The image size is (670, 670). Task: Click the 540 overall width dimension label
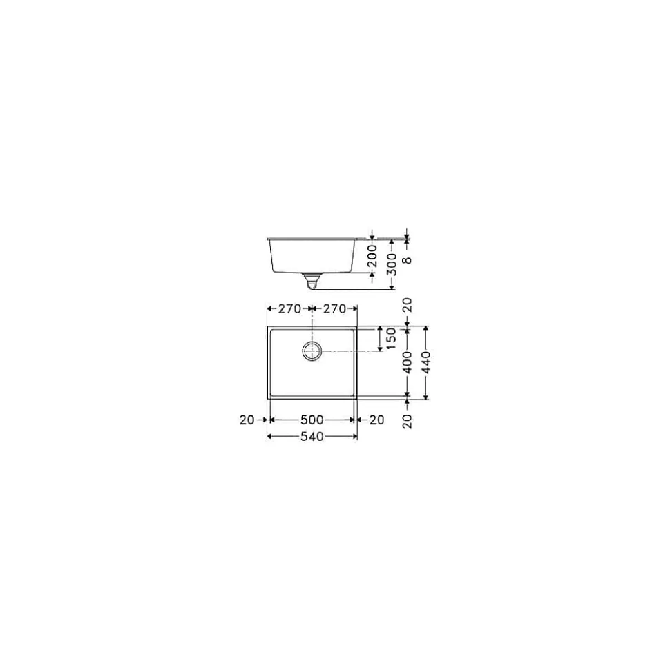[x=312, y=437]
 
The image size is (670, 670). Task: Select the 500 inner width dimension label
[x=312, y=420]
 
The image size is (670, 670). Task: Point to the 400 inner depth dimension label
[x=408, y=362]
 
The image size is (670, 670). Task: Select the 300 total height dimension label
[x=392, y=264]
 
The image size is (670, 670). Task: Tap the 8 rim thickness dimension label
[x=408, y=260]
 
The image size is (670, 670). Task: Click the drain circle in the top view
[x=312, y=351]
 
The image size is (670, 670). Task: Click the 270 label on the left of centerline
[x=289, y=309]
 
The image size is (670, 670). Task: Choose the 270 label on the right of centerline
[x=334, y=309]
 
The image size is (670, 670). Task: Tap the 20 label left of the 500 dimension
[x=247, y=420]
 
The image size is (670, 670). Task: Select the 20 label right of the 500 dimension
[x=376, y=420]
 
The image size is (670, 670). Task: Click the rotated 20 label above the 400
[x=408, y=306]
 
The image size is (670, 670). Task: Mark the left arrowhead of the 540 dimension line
[x=269, y=437]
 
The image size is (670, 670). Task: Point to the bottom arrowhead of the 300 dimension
[x=392, y=286]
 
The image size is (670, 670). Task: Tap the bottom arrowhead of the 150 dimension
[x=380, y=348]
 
